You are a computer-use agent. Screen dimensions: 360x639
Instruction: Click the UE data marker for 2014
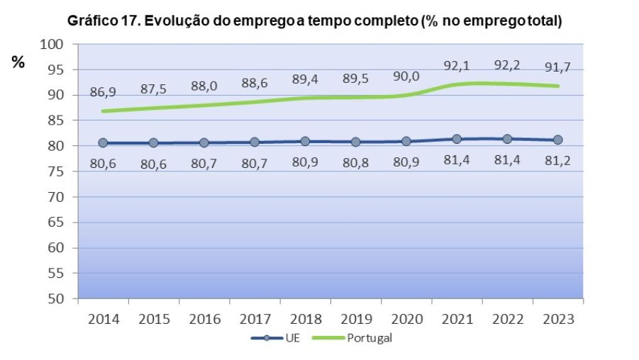tap(103, 142)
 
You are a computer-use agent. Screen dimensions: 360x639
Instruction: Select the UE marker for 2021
tap(457, 139)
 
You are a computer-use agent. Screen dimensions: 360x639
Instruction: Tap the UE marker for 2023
tap(557, 140)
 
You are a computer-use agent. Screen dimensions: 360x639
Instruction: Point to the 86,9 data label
tap(103, 93)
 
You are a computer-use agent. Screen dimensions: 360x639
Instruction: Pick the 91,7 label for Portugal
tap(557, 69)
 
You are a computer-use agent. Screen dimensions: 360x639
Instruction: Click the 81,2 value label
tap(557, 161)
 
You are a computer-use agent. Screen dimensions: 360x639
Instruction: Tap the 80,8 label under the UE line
tap(355, 162)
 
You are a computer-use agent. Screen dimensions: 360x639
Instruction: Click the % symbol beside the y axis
tap(18, 62)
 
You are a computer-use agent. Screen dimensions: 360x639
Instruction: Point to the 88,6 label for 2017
tap(255, 84)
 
